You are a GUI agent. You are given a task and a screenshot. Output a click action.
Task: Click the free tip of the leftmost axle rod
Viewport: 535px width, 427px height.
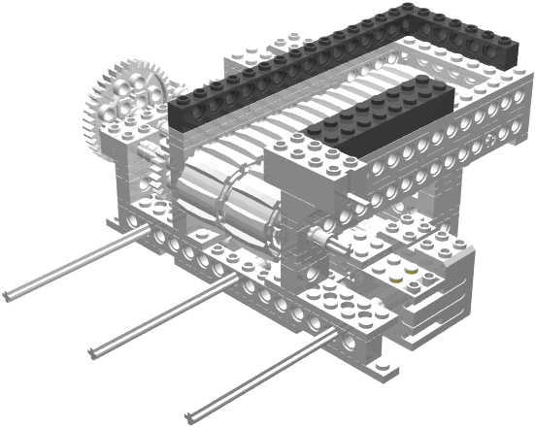[x=8, y=293]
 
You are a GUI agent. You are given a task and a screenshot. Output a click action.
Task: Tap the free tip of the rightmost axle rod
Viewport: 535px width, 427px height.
[x=190, y=408]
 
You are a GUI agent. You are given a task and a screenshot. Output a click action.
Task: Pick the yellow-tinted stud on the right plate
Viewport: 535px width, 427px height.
[x=413, y=271]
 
